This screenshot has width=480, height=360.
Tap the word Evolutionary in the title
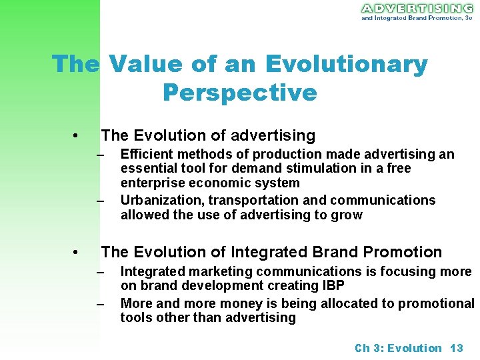(346, 64)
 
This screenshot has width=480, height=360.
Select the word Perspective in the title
(239, 93)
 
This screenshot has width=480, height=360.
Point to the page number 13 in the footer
(457, 348)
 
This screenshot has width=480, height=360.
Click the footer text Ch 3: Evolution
(398, 348)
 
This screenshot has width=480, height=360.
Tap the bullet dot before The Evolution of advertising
(77, 137)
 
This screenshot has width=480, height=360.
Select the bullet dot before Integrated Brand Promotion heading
(77, 253)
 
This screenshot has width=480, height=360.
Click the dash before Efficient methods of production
(101, 155)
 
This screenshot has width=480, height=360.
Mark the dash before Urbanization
(101, 201)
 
